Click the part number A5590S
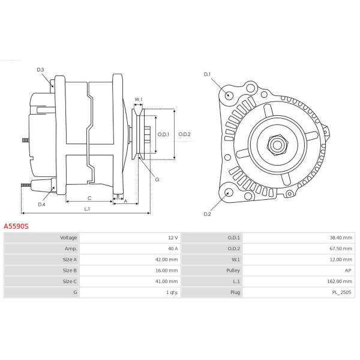pos(16,227)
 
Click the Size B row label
pos(70,270)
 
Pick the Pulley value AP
pos(349,270)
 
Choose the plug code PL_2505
pos(342,292)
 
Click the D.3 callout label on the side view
pos(40,70)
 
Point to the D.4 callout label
pos(41,205)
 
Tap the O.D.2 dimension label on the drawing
pos(184,134)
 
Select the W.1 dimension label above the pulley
pos(138,99)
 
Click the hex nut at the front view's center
pos(277,145)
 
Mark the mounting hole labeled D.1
pos(229,95)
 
